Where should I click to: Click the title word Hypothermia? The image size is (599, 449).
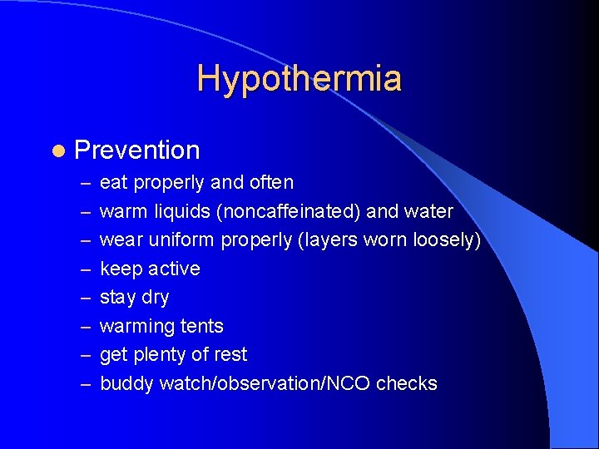[x=299, y=79]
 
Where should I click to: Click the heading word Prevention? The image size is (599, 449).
[x=137, y=150]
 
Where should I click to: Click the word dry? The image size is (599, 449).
[x=156, y=298]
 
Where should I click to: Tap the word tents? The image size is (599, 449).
[x=201, y=326]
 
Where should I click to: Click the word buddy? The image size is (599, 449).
[x=126, y=383]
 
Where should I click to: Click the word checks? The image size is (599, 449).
[x=407, y=383]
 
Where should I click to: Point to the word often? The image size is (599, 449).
[x=267, y=182]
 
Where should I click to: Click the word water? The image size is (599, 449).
[x=427, y=211]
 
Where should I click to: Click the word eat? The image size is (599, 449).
[x=114, y=183]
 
